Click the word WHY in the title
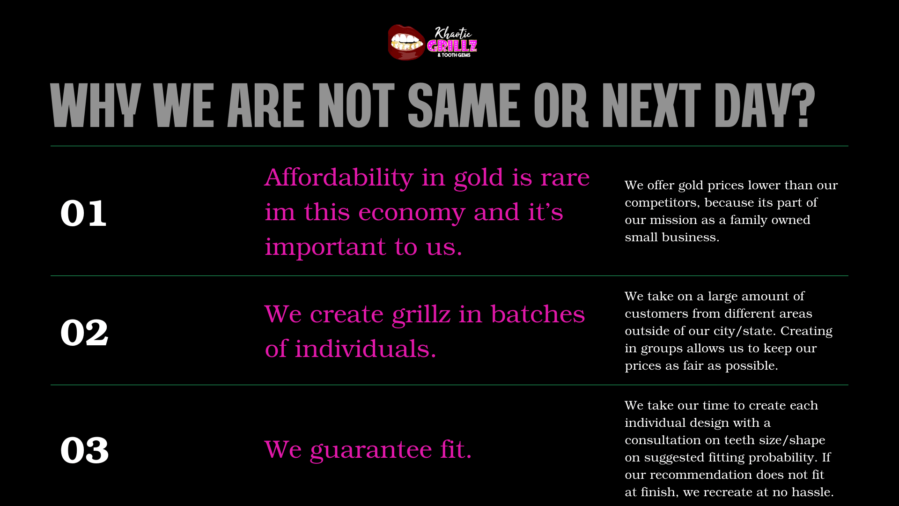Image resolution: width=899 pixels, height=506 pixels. [96, 105]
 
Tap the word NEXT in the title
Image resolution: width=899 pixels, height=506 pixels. [651, 105]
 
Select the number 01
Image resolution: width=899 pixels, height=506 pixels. [83, 213]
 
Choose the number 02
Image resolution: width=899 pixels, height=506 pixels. [84, 332]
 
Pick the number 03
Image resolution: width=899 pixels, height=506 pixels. [85, 450]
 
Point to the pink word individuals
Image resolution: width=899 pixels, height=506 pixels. [366, 349]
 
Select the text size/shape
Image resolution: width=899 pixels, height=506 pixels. [792, 440]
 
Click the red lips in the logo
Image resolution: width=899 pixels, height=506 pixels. [406, 43]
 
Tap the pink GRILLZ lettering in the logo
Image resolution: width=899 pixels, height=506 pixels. [452, 46]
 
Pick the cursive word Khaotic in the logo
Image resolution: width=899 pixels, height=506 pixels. [453, 33]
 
